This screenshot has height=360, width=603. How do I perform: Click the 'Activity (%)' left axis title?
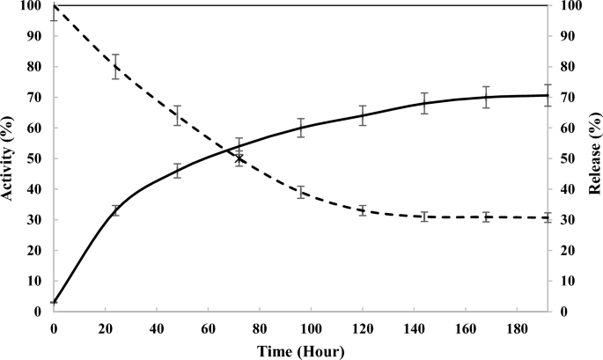click(x=8, y=158)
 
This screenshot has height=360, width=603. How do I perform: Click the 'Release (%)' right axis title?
click(x=594, y=158)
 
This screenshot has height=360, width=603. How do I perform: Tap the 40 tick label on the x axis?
click(x=157, y=327)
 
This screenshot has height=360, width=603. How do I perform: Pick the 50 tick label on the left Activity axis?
click(x=35, y=158)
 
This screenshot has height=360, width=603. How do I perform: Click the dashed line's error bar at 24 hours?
click(x=115, y=67)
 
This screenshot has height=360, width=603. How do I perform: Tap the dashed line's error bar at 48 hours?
click(x=177, y=115)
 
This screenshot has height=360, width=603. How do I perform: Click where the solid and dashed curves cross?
click(x=239, y=158)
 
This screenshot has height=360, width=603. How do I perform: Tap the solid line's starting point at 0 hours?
click(x=54, y=302)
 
